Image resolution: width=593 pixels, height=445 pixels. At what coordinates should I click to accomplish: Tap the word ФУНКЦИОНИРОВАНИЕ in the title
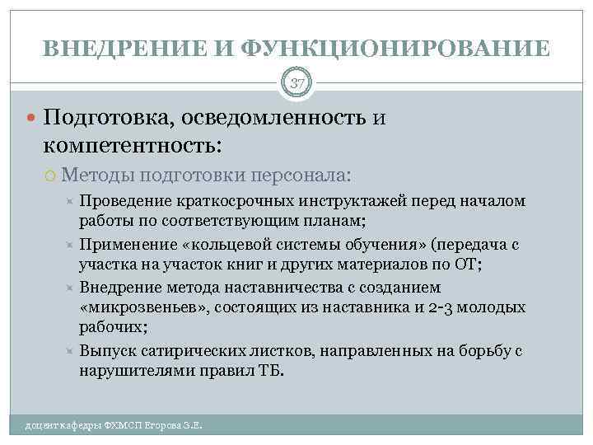[x=395, y=49]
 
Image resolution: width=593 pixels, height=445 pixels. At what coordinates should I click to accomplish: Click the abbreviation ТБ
[x=268, y=371]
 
